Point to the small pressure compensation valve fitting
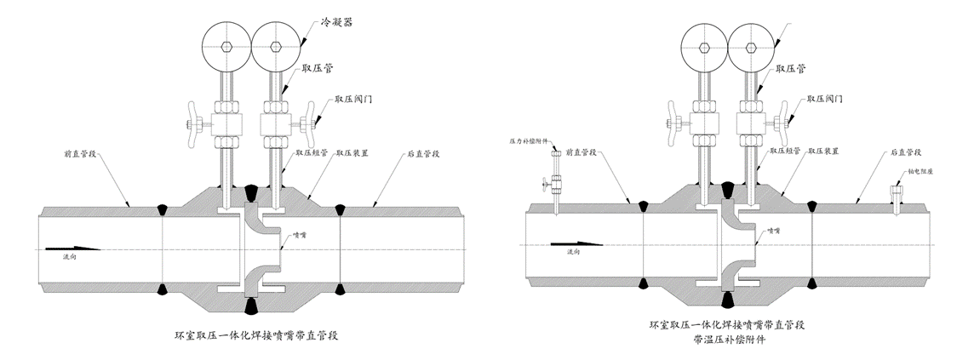[553, 181]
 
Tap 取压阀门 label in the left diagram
[352, 99]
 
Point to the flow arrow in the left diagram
[85, 248]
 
